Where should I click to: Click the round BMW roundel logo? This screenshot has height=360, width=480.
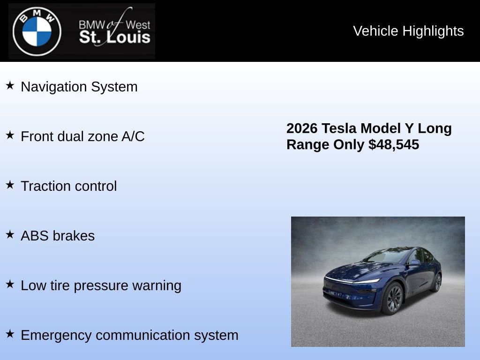pos(37,31)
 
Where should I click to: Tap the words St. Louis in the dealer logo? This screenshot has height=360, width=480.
pos(115,37)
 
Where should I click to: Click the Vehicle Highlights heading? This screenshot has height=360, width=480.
pos(408,31)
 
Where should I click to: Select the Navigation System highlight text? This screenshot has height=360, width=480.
pos(79,87)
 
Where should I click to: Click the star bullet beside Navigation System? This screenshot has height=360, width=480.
pos(10,86)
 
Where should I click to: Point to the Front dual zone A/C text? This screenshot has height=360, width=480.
pos(82,136)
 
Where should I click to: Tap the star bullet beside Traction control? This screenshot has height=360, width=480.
pos(10,185)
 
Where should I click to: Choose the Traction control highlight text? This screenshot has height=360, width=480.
pos(69,186)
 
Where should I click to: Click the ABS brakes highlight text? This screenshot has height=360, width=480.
pos(58,236)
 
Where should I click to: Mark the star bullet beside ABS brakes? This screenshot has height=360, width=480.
pos(10,235)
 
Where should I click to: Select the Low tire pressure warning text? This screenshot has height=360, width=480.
pos(101,285)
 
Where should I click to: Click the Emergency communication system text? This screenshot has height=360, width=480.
pos(129,335)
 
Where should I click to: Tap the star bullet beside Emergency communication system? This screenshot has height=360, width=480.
pos(10,334)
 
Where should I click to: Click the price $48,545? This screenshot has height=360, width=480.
pos(394,145)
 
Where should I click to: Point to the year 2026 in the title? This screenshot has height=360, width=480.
pos(302,128)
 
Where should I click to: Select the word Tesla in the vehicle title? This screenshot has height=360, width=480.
pos(338,128)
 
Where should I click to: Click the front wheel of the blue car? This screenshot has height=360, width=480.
pos(393,299)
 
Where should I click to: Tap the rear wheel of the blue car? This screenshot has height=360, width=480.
pos(437,283)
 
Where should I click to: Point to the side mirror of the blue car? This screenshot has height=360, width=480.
pos(414,262)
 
